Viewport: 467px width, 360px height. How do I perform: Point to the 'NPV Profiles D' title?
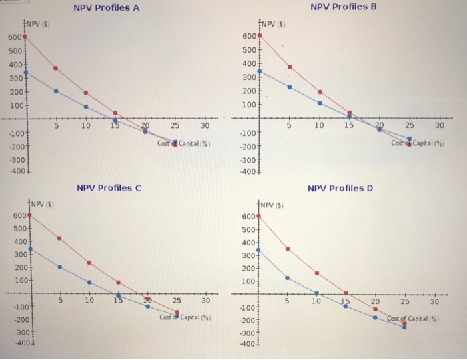tap(341, 188)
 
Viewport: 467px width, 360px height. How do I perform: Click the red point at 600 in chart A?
tap(25, 37)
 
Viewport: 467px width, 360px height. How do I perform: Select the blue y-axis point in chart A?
tap(25, 72)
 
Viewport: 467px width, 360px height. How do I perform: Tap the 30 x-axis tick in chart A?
tap(205, 125)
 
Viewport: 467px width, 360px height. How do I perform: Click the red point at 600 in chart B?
tap(259, 35)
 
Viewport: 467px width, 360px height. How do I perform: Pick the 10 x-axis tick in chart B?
tap(319, 125)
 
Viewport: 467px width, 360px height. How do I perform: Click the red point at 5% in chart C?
tap(59, 238)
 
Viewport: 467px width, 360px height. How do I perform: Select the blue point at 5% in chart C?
tap(59, 267)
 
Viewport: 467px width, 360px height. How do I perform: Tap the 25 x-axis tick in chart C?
tap(177, 301)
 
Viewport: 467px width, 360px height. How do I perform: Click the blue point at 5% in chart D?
tap(288, 277)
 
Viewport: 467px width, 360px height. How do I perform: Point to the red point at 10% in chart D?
tap(317, 273)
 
